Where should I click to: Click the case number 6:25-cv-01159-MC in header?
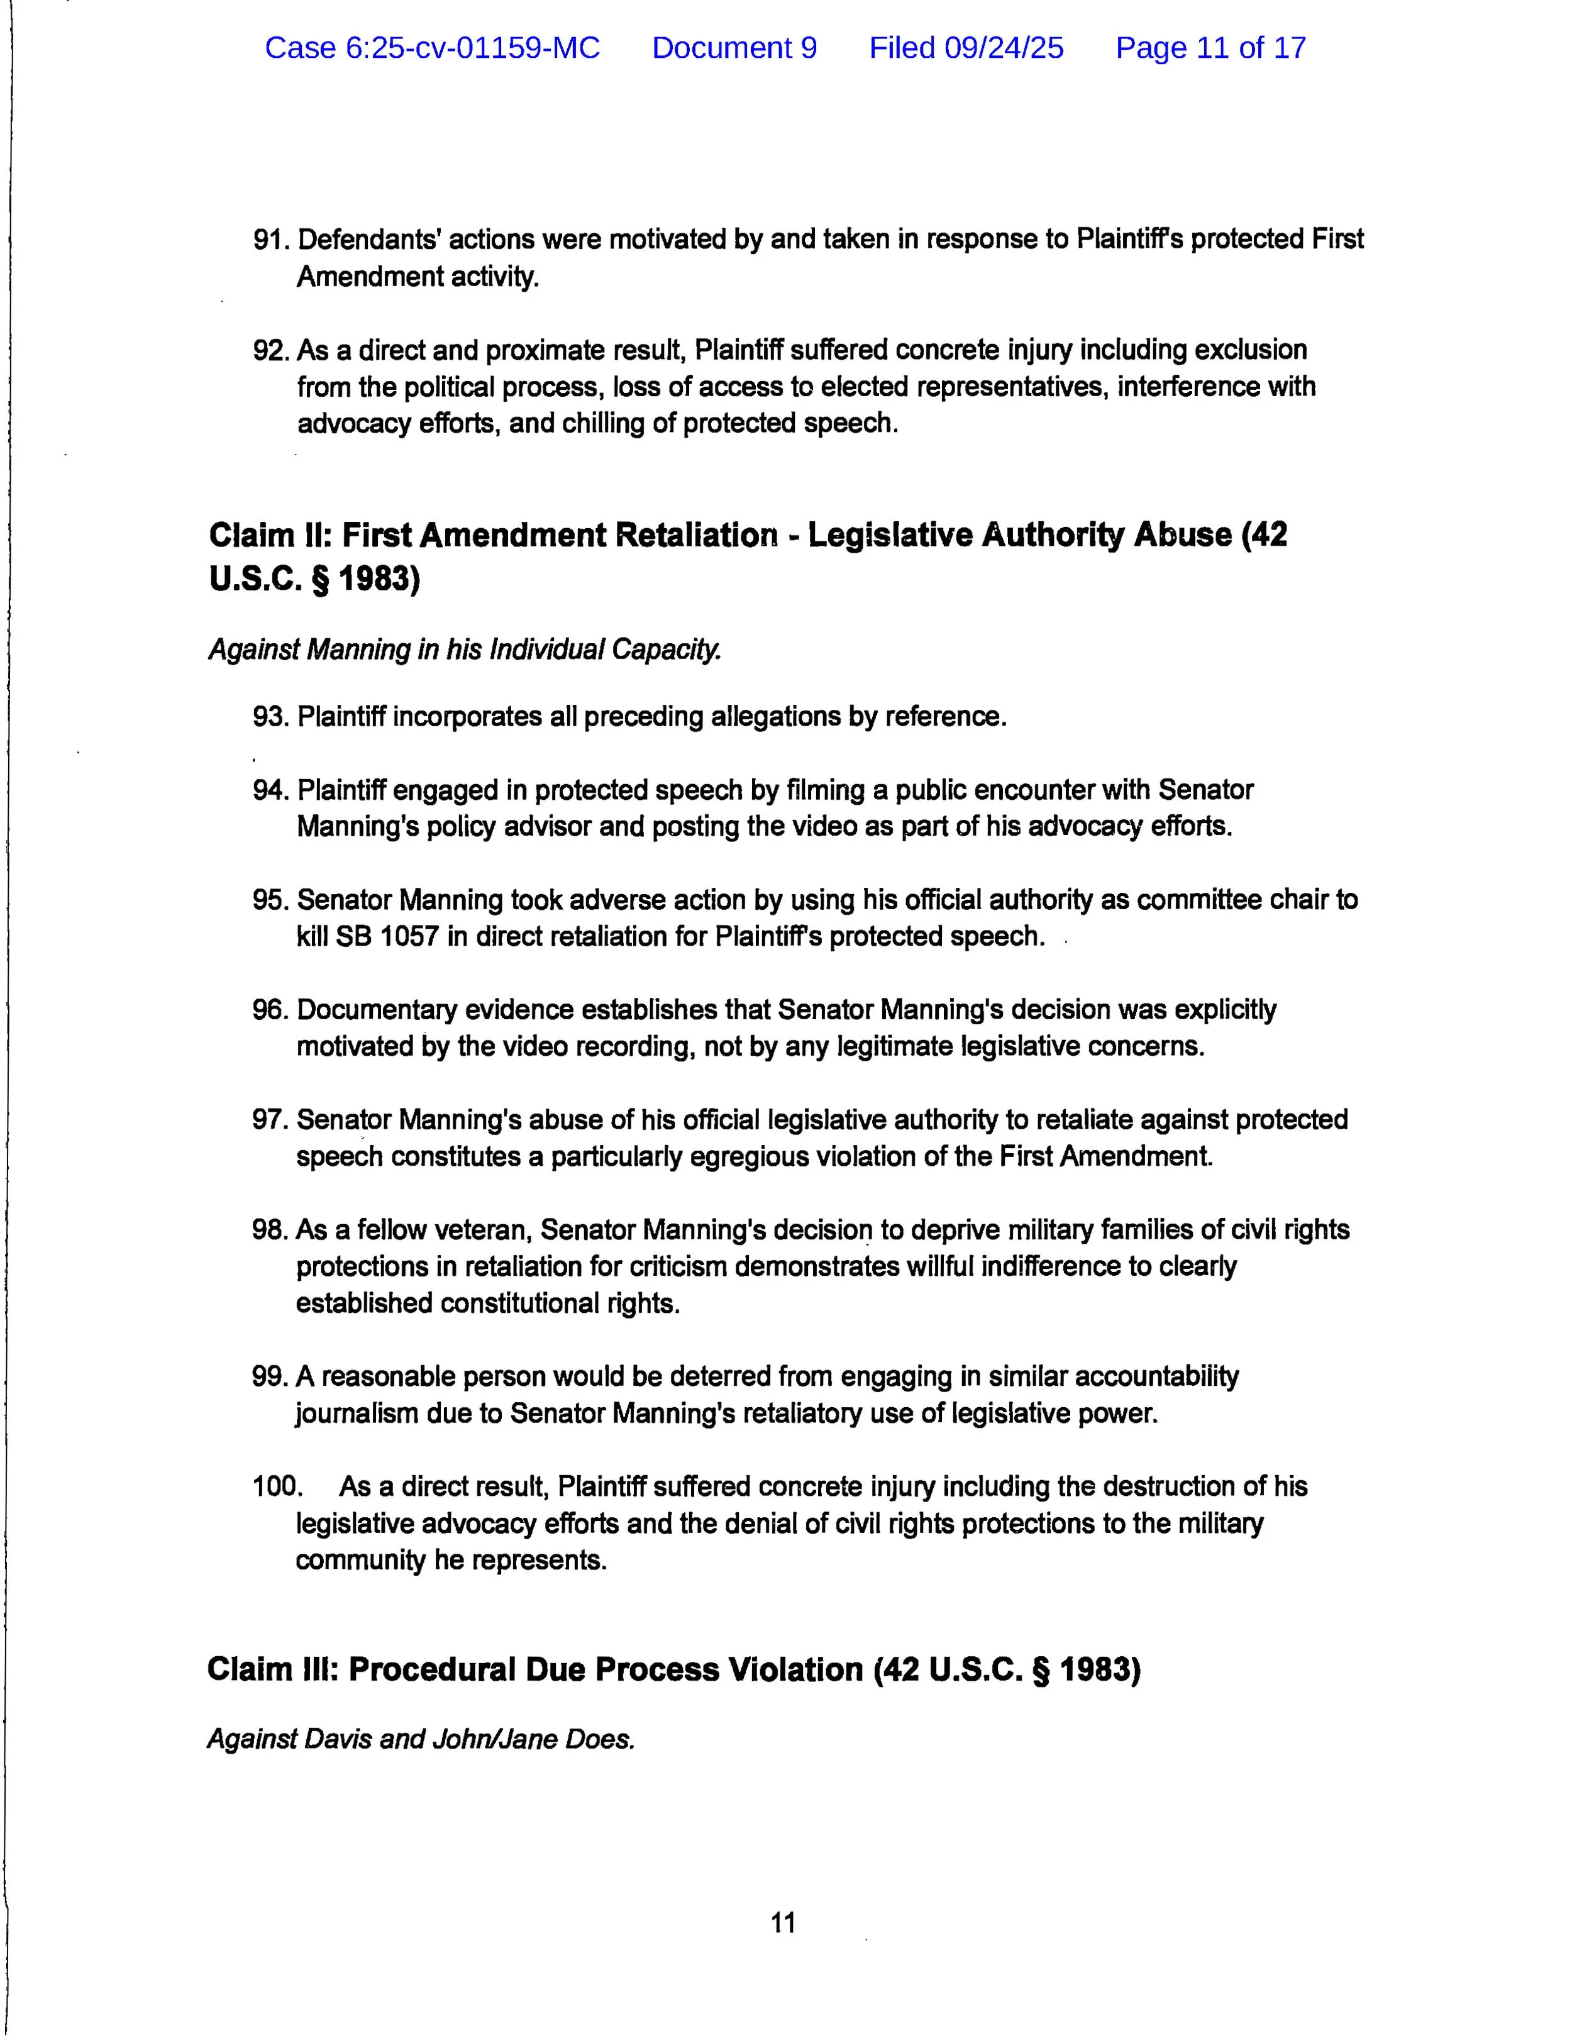[432, 48]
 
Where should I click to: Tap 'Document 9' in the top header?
[734, 48]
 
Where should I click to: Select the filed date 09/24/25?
[966, 48]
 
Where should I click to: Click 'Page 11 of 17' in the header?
[1210, 48]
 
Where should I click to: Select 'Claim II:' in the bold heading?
[269, 536]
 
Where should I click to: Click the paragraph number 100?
[277, 1487]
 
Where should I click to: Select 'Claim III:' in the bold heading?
[272, 1670]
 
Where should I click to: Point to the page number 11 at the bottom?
[783, 1923]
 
